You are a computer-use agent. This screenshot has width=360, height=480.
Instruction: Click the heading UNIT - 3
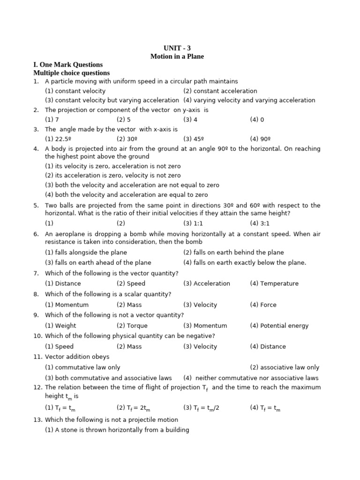[177, 48]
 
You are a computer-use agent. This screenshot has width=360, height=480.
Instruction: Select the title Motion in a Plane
[177, 56]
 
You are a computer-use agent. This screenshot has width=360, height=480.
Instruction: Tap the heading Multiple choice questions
[71, 73]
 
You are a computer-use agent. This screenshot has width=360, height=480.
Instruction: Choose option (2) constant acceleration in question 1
[220, 91]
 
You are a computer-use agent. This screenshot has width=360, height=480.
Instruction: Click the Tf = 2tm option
[134, 408]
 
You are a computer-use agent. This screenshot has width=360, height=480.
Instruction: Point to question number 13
[37, 420]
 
